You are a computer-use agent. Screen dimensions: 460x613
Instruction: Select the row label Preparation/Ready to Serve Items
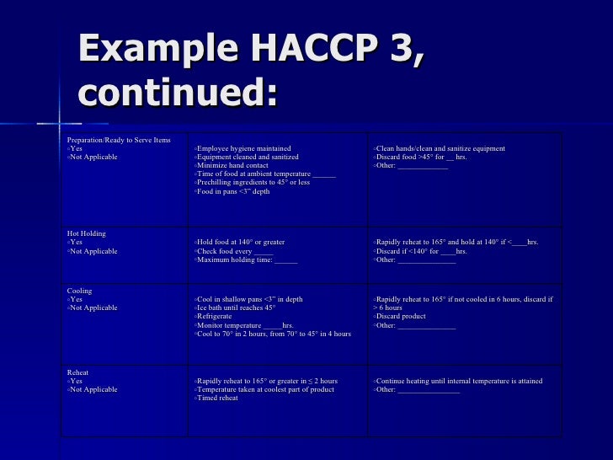point(119,139)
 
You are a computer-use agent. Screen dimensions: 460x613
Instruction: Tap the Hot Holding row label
point(87,233)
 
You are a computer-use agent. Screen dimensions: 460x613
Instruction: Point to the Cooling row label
point(79,291)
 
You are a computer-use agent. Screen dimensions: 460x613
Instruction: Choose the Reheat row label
point(77,372)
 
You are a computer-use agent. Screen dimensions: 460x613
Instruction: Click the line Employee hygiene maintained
point(244,148)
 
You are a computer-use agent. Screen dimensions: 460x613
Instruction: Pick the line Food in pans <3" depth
point(233,191)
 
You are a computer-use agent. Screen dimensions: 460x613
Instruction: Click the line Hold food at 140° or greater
point(241,243)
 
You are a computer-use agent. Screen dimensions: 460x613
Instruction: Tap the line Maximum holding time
point(246,259)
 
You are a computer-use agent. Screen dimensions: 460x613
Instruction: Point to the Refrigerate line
point(217,317)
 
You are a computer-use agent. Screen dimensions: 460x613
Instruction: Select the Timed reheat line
point(217,398)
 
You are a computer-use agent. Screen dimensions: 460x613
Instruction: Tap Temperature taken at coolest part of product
point(265,389)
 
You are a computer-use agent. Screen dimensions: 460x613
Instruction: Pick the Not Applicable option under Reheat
point(94,389)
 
